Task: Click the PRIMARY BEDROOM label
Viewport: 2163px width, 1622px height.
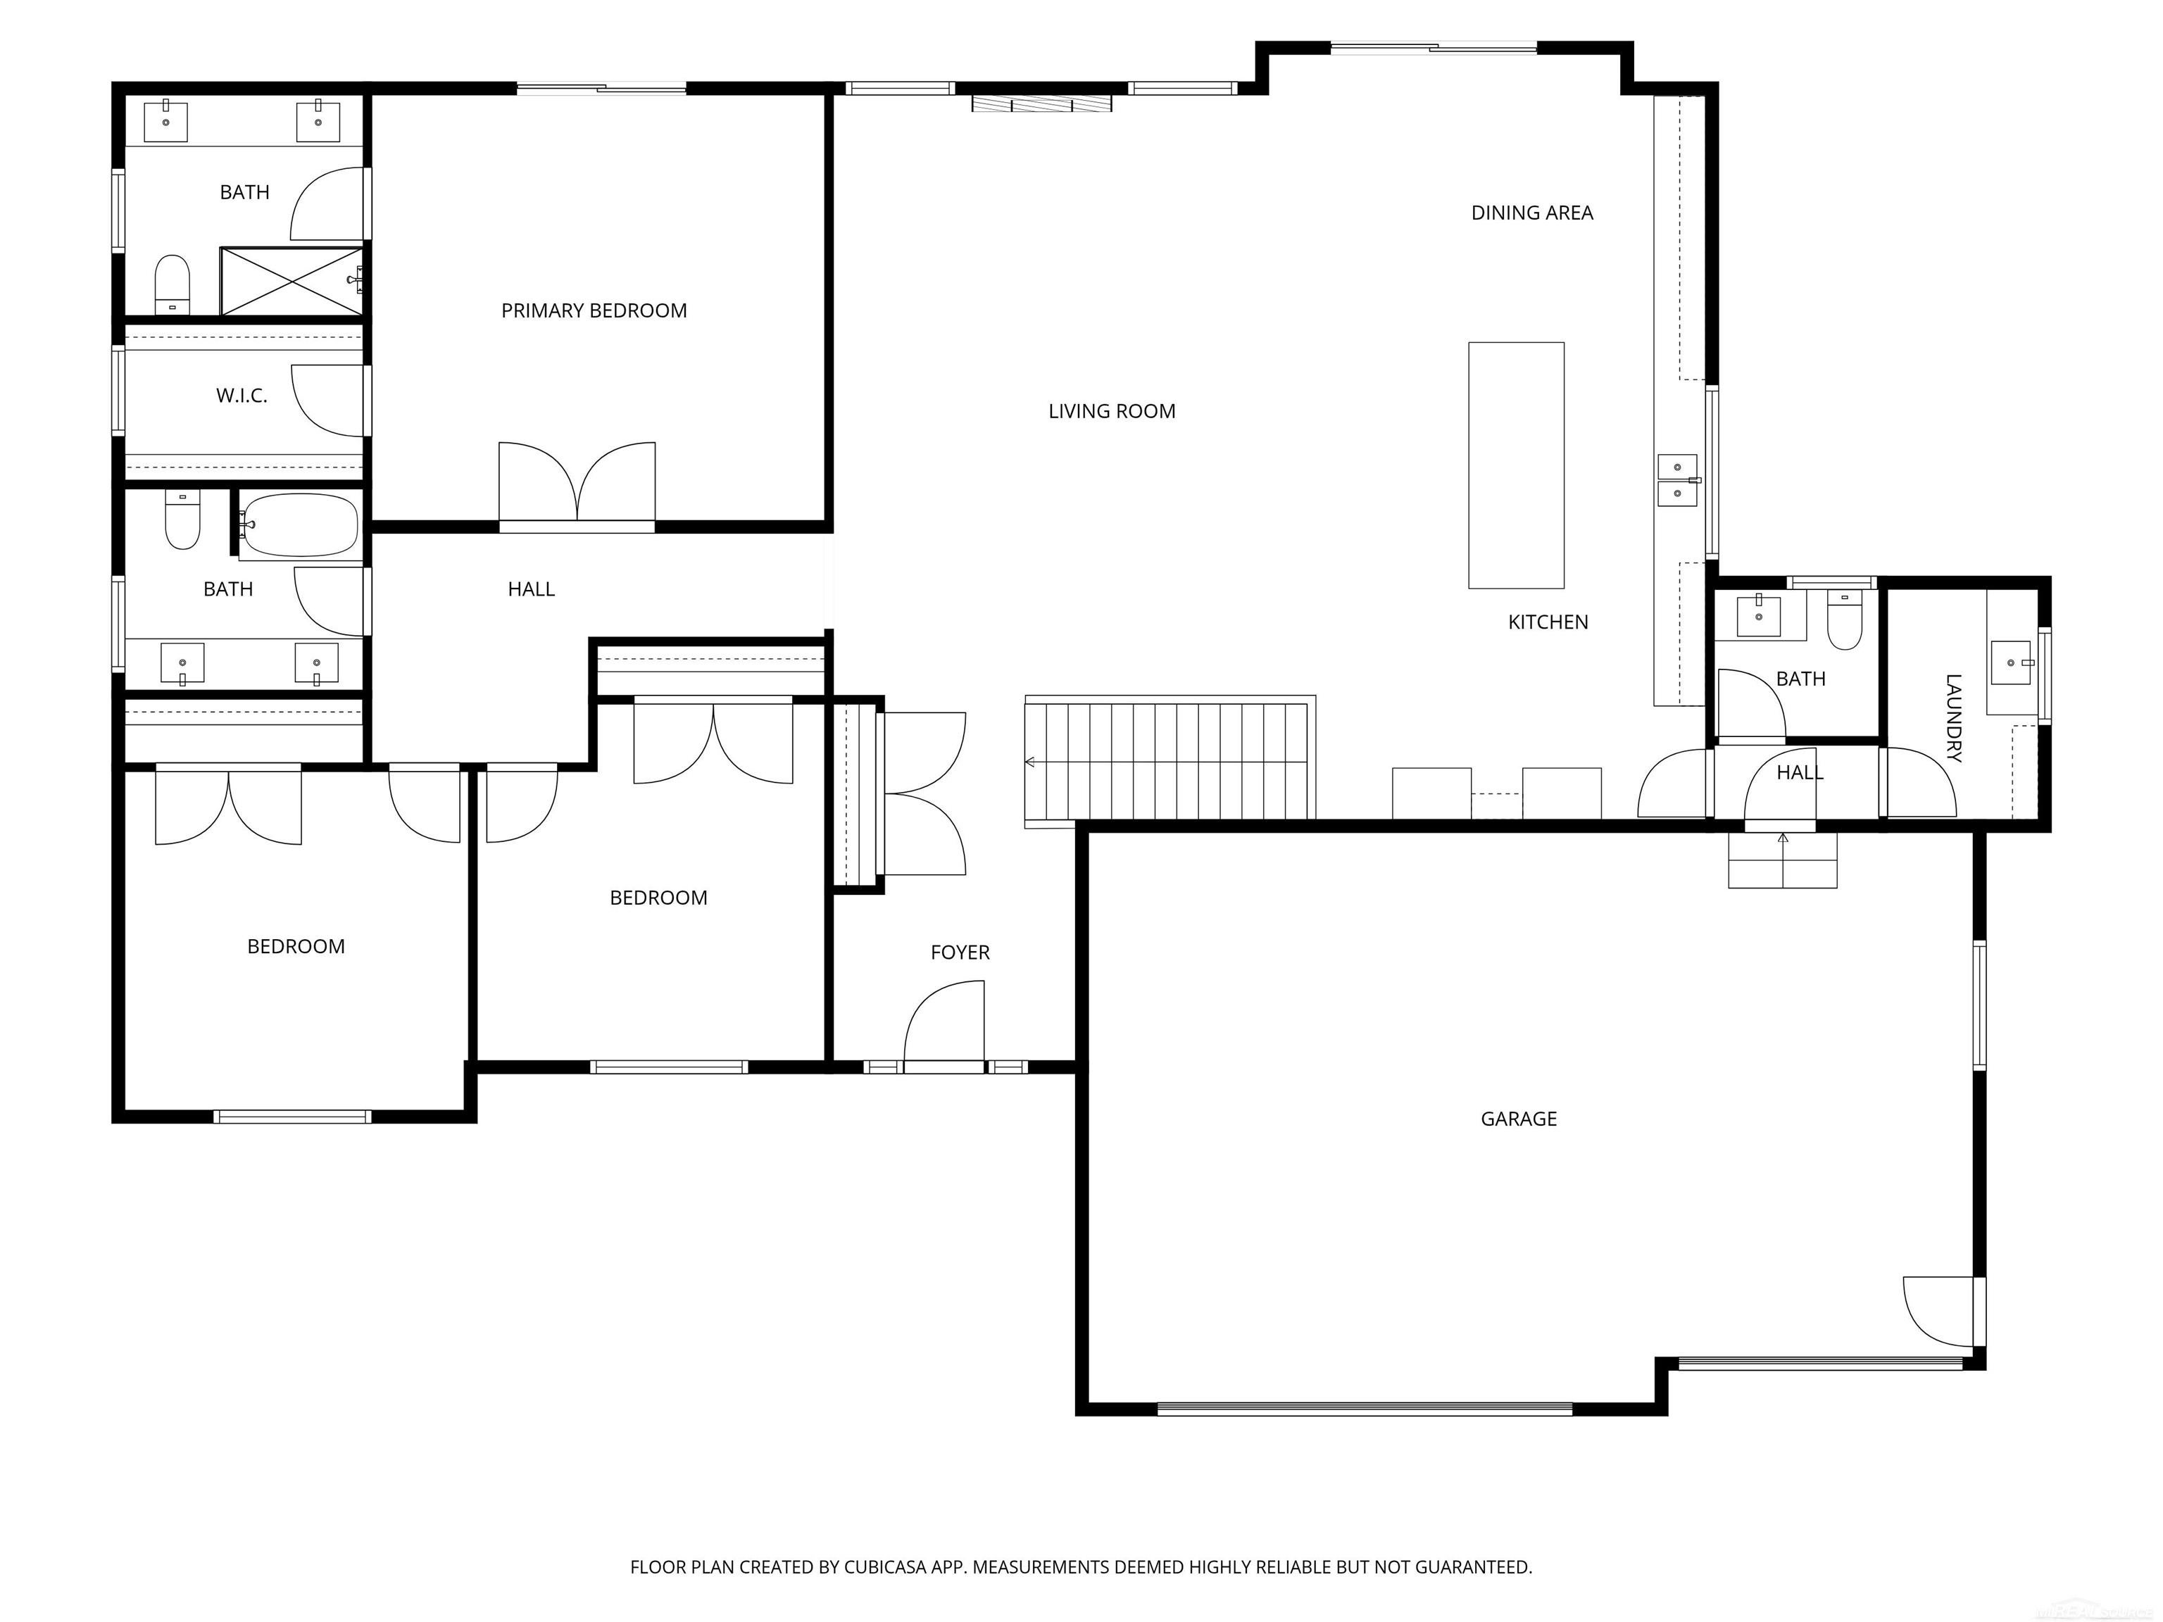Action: [x=594, y=311]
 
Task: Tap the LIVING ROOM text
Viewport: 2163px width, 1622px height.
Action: [x=1111, y=412]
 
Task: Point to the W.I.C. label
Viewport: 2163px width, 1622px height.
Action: [x=242, y=396]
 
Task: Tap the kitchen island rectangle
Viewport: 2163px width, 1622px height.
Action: [x=1516, y=465]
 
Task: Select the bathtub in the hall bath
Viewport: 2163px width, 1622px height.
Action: [x=299, y=526]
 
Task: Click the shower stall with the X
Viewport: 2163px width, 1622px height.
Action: [x=291, y=282]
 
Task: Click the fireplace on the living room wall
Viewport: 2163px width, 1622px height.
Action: [x=1041, y=103]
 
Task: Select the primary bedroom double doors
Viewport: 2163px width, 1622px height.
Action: [x=577, y=484]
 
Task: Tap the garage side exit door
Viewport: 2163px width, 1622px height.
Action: [x=1944, y=1311]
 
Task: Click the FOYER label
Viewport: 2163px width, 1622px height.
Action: [x=959, y=953]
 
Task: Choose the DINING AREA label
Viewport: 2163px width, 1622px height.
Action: [x=1531, y=213]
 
